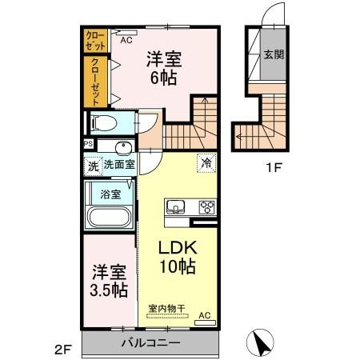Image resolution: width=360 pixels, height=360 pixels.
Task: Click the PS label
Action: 88,144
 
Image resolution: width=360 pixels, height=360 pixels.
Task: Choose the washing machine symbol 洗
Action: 92,166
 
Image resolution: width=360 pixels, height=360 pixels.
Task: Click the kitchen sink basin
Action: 175,206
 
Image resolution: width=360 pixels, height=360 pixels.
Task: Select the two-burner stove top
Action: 206,206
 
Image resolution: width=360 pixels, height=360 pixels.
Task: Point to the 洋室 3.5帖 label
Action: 107,280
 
